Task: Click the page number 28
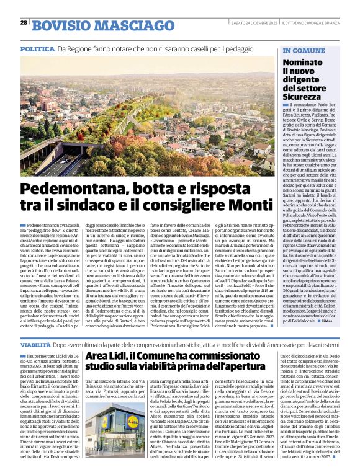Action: [x=23, y=22]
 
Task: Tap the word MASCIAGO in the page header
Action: [x=127, y=25]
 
